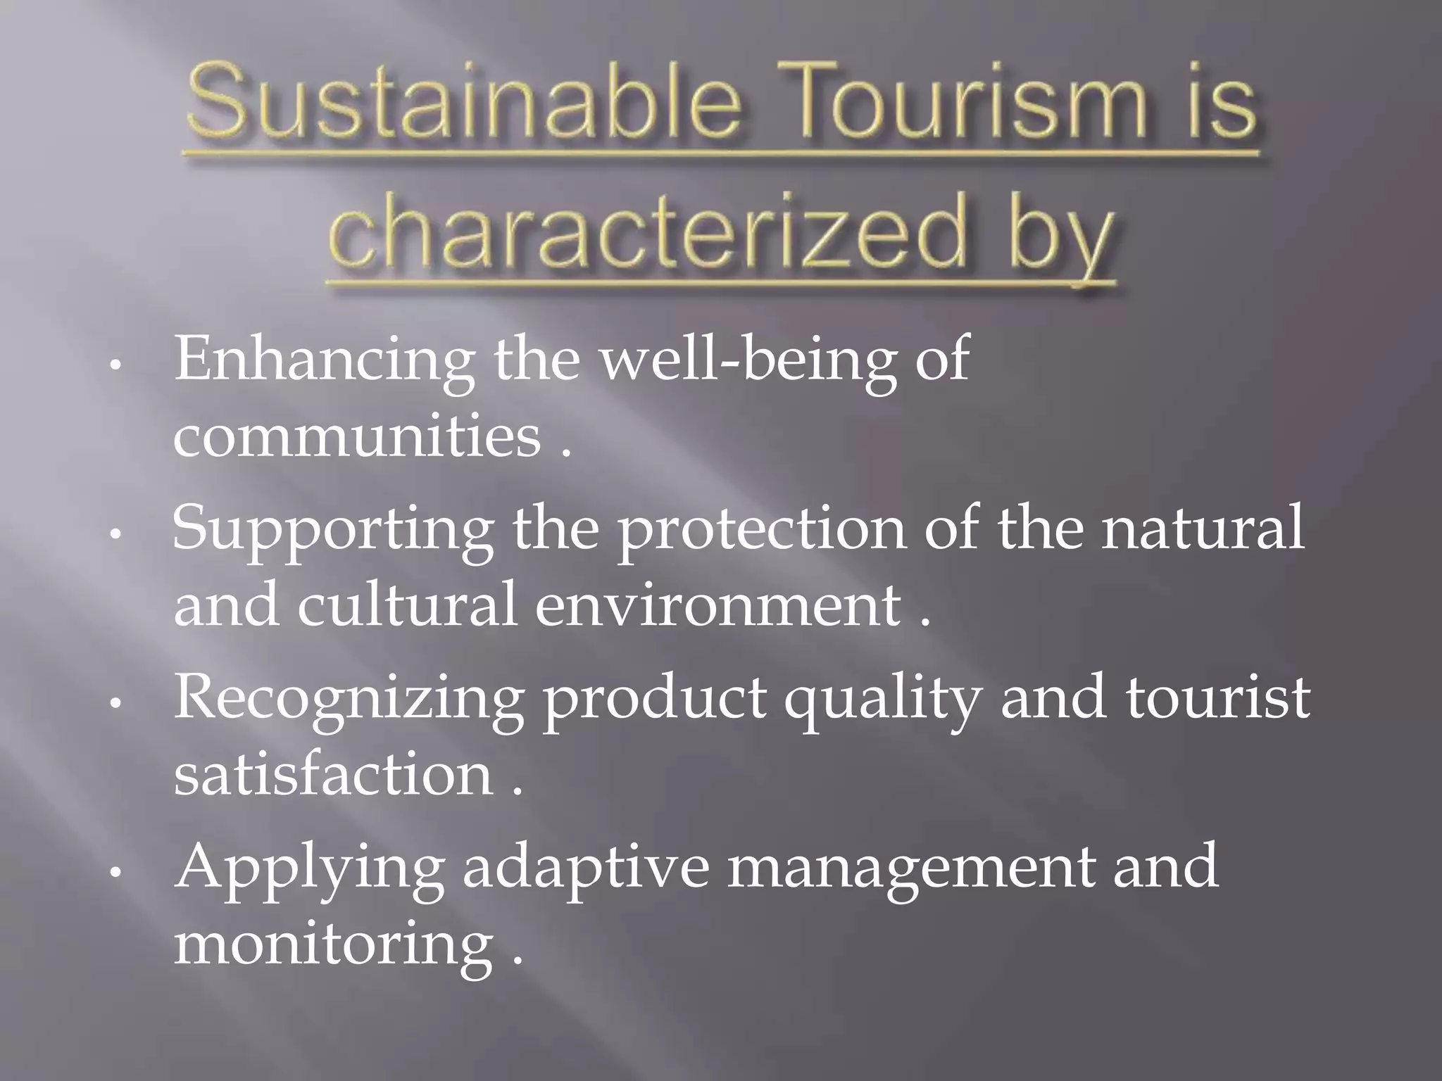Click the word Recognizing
click(x=349, y=698)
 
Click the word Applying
click(x=310, y=867)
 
